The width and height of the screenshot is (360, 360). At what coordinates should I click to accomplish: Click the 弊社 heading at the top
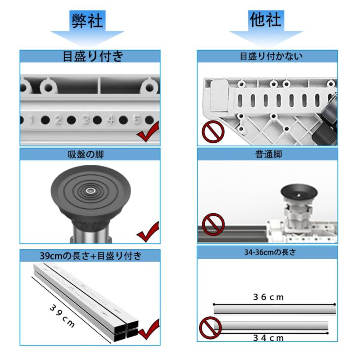[87, 21]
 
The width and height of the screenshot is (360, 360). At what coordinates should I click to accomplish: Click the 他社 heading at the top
[266, 20]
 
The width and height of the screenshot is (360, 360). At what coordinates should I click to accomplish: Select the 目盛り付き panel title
[93, 56]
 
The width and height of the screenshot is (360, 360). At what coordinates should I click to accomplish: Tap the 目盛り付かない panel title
[271, 56]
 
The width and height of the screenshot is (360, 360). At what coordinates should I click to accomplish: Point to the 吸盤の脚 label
[86, 154]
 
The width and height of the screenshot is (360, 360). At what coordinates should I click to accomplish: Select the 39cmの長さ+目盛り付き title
[91, 256]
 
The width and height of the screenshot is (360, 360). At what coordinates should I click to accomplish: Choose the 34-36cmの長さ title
[270, 252]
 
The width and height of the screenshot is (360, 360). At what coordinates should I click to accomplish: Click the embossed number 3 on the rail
[86, 120]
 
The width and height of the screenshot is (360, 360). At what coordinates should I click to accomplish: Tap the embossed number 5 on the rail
[137, 120]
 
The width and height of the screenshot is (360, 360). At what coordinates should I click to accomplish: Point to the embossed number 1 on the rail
[32, 120]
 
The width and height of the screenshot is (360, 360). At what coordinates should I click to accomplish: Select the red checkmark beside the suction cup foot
[148, 232]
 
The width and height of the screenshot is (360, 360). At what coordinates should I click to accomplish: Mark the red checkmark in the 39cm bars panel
[149, 329]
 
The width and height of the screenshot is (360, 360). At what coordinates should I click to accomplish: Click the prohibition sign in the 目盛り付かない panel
[213, 132]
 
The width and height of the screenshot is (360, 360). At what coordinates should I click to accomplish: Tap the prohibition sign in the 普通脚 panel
[213, 224]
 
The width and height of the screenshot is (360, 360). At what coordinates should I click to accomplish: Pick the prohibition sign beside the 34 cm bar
[210, 328]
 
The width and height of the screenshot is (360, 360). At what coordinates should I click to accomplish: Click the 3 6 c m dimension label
[268, 297]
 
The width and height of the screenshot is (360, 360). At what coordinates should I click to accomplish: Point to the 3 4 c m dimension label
[268, 338]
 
